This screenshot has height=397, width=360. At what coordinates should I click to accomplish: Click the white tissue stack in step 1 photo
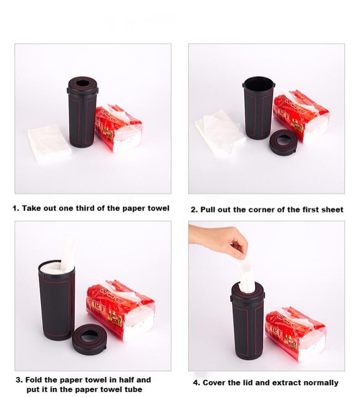tap(49, 143)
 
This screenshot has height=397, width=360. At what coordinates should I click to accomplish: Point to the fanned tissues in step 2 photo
tap(220, 132)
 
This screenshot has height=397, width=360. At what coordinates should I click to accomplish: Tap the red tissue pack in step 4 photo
tap(295, 333)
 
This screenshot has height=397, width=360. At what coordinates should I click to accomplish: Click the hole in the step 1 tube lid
tap(82, 83)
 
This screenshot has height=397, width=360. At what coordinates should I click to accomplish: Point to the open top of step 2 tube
tap(258, 82)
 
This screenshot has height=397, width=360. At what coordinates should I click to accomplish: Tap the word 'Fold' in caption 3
tap(33, 380)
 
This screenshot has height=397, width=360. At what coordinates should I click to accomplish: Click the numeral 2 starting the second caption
tap(193, 210)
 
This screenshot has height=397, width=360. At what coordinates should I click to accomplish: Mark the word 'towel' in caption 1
tap(158, 208)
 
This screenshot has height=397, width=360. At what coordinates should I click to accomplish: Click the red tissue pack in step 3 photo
tap(120, 309)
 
